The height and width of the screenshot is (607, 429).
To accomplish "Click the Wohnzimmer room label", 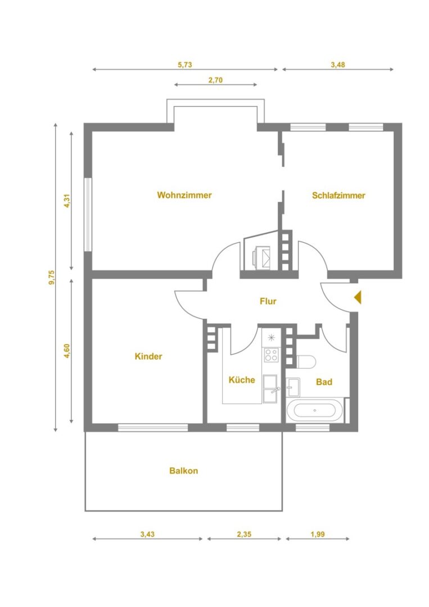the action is click(x=184, y=194).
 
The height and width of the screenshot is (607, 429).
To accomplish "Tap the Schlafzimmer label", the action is click(x=338, y=195).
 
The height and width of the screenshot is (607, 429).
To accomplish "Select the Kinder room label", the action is click(x=148, y=356).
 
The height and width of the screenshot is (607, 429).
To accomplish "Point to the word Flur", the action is click(x=268, y=301).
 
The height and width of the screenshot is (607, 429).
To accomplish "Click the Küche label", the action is click(x=242, y=379).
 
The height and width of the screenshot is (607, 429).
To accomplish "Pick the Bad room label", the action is click(x=324, y=382).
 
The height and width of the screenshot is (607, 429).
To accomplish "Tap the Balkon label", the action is click(x=183, y=471).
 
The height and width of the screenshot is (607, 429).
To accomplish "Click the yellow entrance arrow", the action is click(x=358, y=297).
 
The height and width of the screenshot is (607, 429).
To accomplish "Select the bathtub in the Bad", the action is click(x=315, y=410).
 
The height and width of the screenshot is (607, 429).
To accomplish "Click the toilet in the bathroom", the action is click(x=306, y=361).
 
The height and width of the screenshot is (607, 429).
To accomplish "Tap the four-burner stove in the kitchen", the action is click(x=271, y=355).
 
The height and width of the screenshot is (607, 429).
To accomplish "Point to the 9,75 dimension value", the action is click(x=52, y=277).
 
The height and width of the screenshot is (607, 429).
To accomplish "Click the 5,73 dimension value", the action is click(x=184, y=65).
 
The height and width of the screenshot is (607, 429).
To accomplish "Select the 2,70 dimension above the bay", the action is click(x=216, y=80).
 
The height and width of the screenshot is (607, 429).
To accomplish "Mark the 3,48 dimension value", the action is click(x=337, y=65).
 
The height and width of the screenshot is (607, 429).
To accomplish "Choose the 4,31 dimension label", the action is click(x=67, y=201).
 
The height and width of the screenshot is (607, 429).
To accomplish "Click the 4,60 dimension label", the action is click(x=67, y=351).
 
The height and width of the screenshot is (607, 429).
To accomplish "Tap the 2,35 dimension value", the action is click(x=244, y=534).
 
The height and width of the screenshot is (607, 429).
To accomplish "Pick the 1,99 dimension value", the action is click(x=318, y=534).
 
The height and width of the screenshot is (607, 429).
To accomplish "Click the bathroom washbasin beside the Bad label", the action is click(x=293, y=387).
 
